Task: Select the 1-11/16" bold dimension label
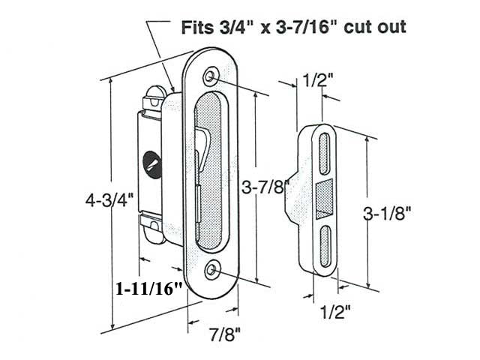(148, 288)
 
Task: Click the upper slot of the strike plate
(325, 154)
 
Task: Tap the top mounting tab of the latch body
(153, 95)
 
